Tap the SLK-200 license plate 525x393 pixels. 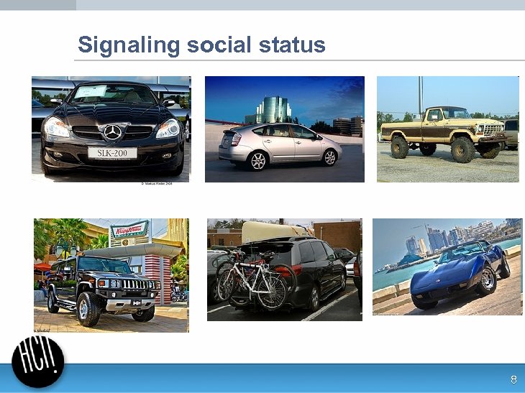tap(112, 152)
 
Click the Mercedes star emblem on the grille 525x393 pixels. tap(112, 132)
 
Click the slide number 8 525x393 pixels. tap(513, 380)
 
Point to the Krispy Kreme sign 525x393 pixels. tap(129, 230)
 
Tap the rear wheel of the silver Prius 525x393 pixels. tap(257, 161)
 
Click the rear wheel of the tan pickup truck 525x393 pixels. tap(399, 147)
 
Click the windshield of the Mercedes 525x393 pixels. tap(111, 94)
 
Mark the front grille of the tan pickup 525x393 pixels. tap(493, 129)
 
